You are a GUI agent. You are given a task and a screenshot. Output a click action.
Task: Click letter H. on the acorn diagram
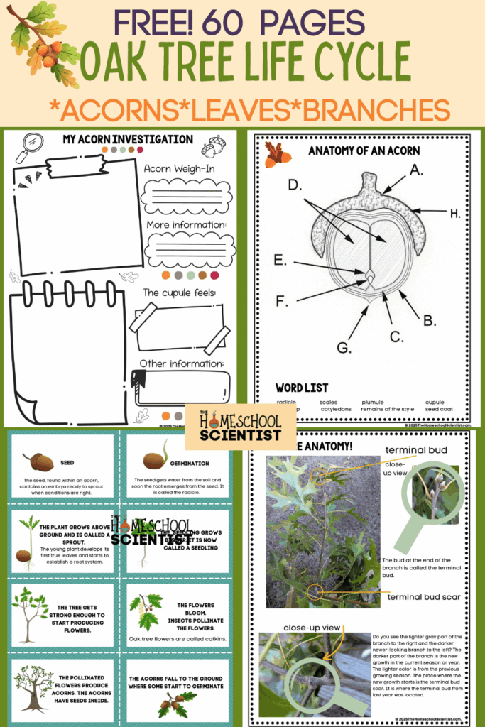(454, 212)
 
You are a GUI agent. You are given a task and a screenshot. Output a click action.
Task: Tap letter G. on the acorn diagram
(344, 348)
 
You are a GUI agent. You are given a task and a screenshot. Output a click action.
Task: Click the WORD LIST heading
(302, 388)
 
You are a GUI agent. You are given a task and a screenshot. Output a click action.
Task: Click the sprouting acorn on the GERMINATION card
(157, 458)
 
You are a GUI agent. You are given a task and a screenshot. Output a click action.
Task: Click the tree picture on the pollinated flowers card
(33, 687)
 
